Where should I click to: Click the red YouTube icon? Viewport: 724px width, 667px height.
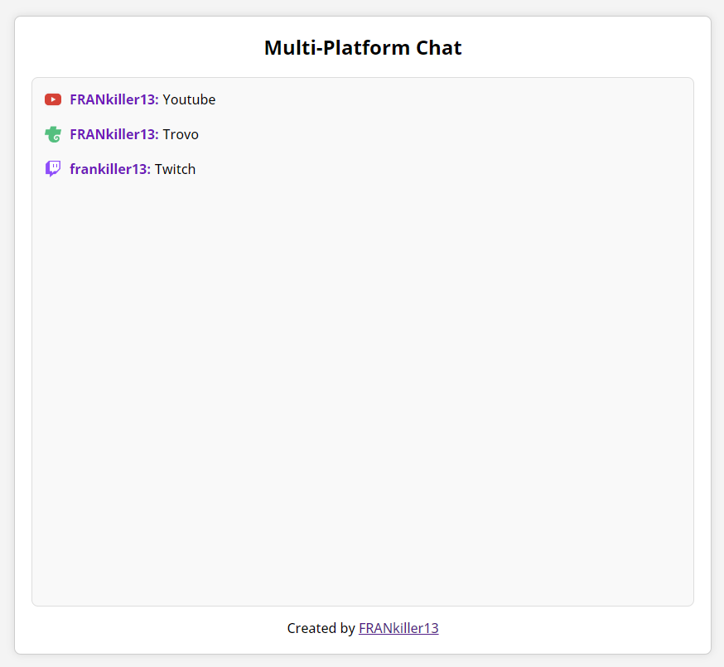coord(53,99)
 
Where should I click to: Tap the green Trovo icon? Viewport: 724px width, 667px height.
coord(53,134)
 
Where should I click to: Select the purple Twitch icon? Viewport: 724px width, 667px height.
coord(53,168)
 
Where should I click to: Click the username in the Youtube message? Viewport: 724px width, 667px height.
coord(114,99)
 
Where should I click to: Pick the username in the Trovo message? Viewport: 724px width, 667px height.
coord(114,134)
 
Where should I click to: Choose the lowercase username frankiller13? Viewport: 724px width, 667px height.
coord(110,169)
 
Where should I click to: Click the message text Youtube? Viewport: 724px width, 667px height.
coord(189,99)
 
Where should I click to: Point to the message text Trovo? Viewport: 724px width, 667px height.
coord(181,134)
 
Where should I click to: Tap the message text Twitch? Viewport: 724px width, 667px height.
coord(175,169)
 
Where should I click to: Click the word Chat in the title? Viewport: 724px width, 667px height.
coord(439,47)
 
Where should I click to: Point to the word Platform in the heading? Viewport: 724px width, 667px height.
coord(367,47)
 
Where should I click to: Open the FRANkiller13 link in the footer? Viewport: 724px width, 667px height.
coord(398,628)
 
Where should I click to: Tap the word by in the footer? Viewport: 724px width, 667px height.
coord(347,629)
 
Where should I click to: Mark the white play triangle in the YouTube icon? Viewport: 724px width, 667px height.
coord(54,99)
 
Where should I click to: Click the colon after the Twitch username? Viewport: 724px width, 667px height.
coord(148,171)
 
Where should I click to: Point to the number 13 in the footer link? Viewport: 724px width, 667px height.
coord(432,628)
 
